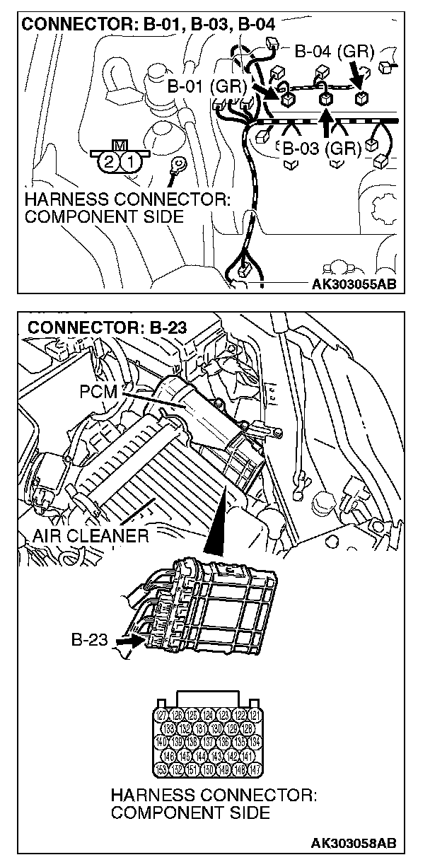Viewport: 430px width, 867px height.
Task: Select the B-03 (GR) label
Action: pyautogui.click(x=322, y=149)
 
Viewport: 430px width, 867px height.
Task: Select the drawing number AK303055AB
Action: pyautogui.click(x=353, y=284)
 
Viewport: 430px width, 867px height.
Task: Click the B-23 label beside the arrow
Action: pyautogui.click(x=88, y=640)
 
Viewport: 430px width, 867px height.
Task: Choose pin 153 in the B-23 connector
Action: pyautogui.click(x=160, y=769)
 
